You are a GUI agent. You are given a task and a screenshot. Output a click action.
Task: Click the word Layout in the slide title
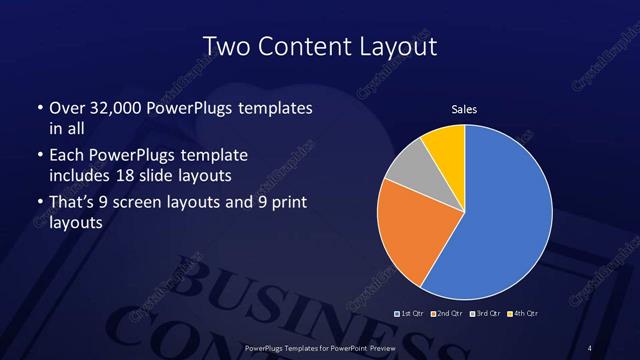401,46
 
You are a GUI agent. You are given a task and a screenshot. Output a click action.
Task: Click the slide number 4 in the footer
590,347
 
